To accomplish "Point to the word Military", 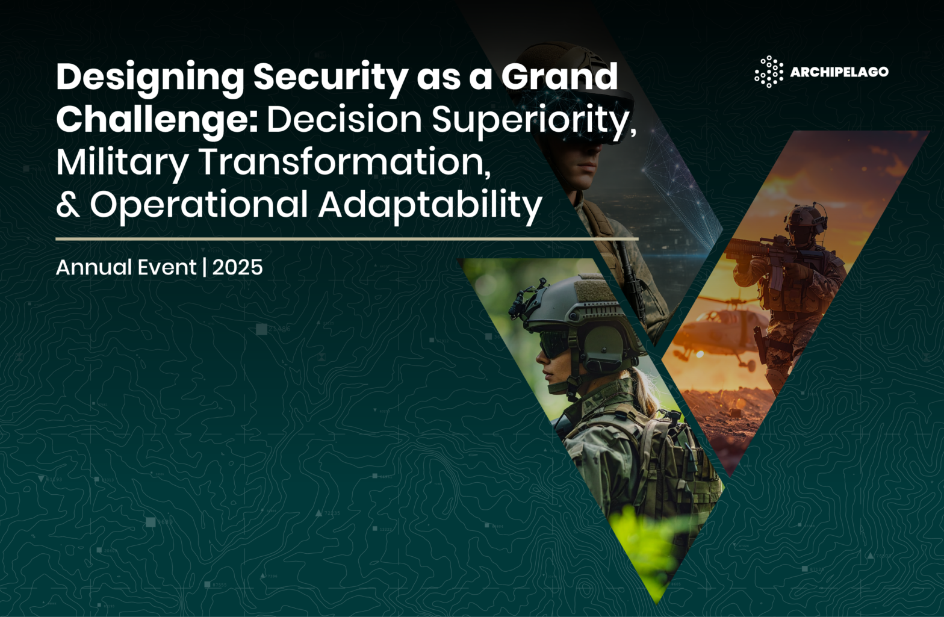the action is [x=122, y=163].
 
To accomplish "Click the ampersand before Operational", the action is [x=68, y=204].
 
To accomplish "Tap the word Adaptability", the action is [x=430, y=206].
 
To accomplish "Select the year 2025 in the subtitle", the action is [x=237, y=267].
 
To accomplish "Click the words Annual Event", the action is [x=126, y=267].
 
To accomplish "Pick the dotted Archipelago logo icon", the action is [x=769, y=72].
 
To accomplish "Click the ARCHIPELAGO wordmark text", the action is [x=839, y=72].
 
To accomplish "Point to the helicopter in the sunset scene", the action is [x=716, y=333].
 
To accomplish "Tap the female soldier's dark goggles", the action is [x=554, y=343].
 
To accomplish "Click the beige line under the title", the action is [x=347, y=239].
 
